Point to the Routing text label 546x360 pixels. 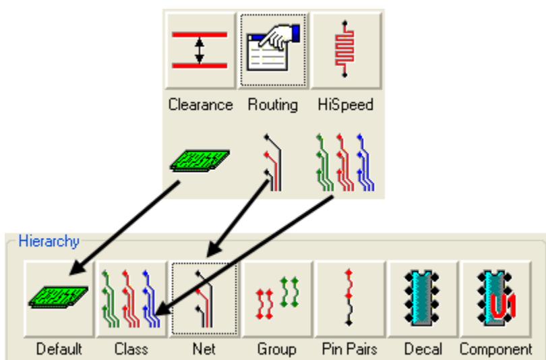[272, 106]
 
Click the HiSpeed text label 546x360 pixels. [345, 106]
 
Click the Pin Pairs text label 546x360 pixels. [350, 349]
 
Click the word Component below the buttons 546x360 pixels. [495, 349]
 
